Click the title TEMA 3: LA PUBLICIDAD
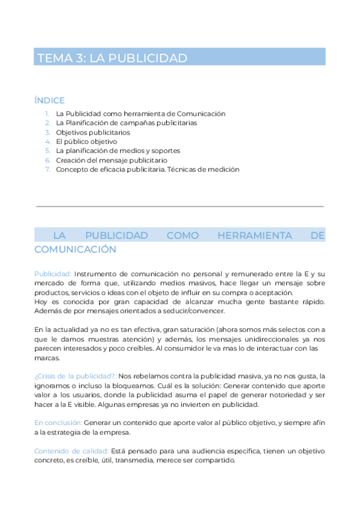pos(113,58)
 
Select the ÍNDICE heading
pos(50,100)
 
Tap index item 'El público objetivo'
pos(86,142)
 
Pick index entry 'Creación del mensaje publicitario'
pos(111,160)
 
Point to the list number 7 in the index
pos(47,169)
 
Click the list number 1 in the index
pos(47,113)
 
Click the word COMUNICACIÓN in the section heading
pos(76,248)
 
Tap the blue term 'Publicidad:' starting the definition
pos(53,273)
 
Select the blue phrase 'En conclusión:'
pos(58,423)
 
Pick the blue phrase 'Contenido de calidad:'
pos(71,451)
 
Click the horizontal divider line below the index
pos(180,206)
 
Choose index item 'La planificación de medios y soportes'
pos(118,151)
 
